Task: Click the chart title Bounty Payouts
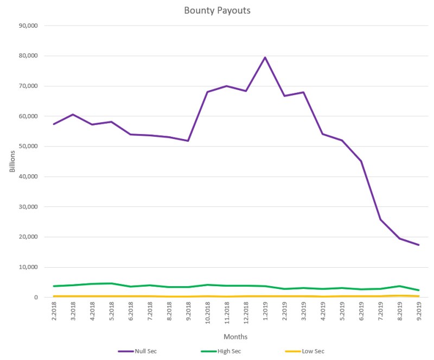(217, 10)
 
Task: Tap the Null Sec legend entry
(145, 351)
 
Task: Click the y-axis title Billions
(12, 161)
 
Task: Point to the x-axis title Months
(235, 337)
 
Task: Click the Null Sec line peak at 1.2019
(265, 58)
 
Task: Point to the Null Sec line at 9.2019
(419, 245)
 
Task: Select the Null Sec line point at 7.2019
(380, 219)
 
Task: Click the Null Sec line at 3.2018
(73, 115)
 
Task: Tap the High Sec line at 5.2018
(111, 283)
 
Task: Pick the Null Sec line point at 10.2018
(207, 92)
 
